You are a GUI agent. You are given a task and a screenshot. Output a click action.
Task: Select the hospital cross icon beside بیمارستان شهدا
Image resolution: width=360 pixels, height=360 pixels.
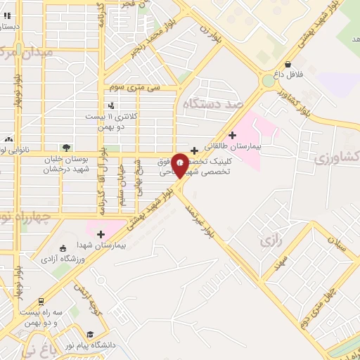click(x=101, y=234)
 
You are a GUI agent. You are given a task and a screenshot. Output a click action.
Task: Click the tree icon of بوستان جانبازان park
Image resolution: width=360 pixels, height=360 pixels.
click(x=66, y=148)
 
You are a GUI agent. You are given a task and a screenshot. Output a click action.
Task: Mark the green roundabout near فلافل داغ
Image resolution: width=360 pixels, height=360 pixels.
click(x=269, y=81)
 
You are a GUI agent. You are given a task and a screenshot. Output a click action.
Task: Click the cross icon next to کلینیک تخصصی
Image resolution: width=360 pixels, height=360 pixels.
click(x=194, y=150)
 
